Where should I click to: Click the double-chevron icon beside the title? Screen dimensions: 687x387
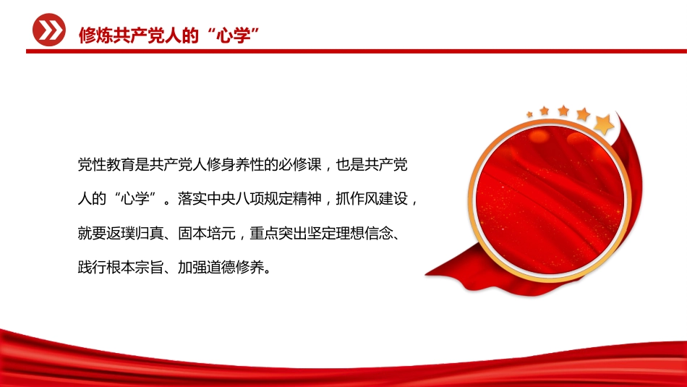point(49,30)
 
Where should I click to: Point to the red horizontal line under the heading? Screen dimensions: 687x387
point(357,51)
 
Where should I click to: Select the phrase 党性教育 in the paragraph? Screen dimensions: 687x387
point(106,165)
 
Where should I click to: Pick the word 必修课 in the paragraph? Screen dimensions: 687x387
point(300,165)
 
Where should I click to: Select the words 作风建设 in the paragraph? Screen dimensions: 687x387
point(379,199)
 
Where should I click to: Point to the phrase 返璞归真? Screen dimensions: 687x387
point(135,233)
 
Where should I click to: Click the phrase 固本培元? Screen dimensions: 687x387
point(207,233)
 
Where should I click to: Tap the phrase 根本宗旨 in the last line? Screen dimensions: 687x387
point(135,268)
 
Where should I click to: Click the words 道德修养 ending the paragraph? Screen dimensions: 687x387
point(235,268)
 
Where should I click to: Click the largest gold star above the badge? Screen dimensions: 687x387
point(604,124)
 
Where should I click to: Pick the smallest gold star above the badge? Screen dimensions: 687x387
point(529,115)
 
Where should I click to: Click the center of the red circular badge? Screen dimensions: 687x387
point(550,200)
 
